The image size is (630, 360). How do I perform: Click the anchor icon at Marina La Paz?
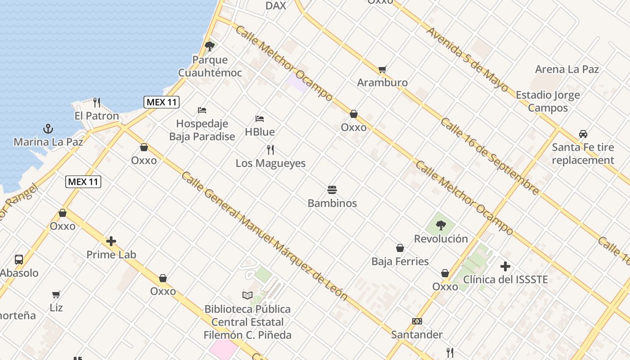(x=48, y=129)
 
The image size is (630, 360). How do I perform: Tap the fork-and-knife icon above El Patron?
(x=96, y=103)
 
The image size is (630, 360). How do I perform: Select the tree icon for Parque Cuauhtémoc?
(x=209, y=46)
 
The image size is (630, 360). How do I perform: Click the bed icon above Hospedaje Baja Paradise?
(x=202, y=110)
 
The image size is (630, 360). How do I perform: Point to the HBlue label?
(x=260, y=132)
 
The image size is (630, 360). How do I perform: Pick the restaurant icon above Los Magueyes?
(x=270, y=150)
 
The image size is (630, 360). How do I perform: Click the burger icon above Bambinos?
(x=332, y=190)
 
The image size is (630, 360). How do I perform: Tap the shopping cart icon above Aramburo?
(x=382, y=69)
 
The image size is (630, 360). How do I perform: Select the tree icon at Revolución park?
(x=441, y=225)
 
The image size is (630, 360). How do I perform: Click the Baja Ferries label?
(x=400, y=261)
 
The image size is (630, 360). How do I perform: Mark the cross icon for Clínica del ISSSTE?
(x=505, y=266)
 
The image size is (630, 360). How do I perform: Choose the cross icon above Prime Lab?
(x=111, y=241)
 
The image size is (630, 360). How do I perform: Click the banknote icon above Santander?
(x=417, y=321)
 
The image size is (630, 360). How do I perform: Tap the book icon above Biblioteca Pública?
(x=247, y=296)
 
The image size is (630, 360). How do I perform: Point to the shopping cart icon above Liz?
(x=56, y=295)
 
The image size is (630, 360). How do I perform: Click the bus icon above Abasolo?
(x=19, y=259)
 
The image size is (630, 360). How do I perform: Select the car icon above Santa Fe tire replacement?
(x=583, y=134)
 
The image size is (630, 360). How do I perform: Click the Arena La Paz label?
(x=567, y=69)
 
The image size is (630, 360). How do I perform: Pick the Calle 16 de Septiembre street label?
(x=490, y=156)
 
